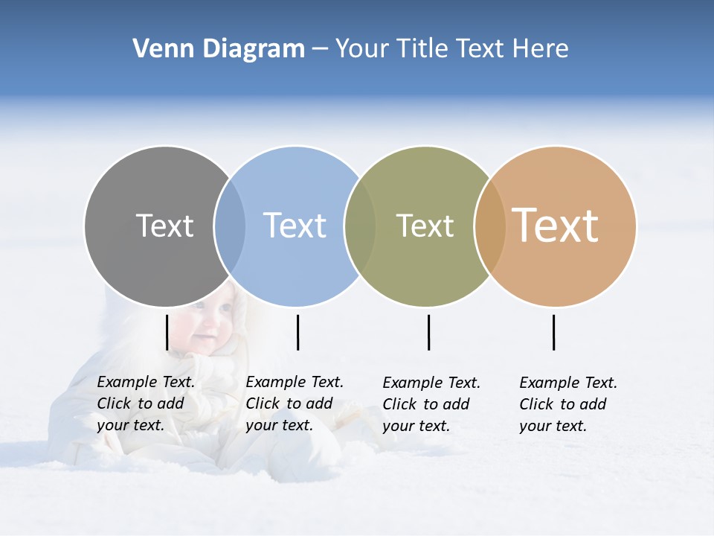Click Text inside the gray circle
coord(164,226)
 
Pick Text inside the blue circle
coord(295,226)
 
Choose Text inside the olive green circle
coord(425,226)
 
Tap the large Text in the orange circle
coord(556,226)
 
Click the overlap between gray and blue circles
coord(230,226)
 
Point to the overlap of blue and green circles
coord(360,226)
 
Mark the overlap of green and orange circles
coord(490,226)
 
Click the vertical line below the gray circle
coord(167,332)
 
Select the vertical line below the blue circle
coord(297,332)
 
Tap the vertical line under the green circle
coord(428,332)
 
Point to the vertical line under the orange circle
coord(553,332)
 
